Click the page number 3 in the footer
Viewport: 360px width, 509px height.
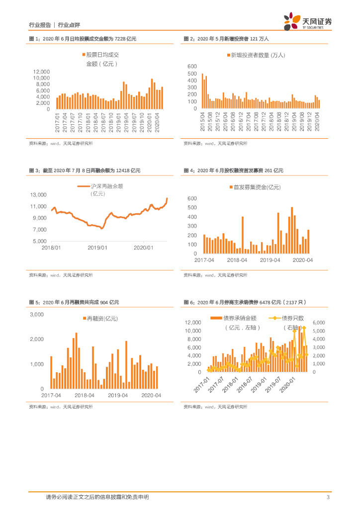coord(328,497)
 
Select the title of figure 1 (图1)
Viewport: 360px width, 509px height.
coord(83,38)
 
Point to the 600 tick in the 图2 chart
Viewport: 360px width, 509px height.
coord(192,66)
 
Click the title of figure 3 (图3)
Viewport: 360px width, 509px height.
coord(85,170)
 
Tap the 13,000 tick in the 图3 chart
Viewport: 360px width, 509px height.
coord(39,195)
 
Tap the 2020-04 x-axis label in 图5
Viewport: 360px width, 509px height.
coord(151,395)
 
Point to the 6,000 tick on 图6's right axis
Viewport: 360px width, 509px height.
coord(318,323)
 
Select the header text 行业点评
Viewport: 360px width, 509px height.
coord(69,24)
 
